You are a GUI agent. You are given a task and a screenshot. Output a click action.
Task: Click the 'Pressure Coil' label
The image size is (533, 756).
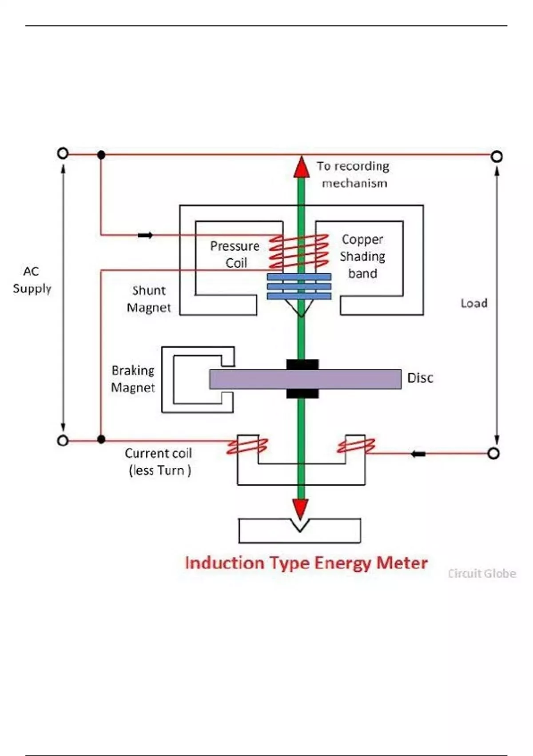tap(235, 254)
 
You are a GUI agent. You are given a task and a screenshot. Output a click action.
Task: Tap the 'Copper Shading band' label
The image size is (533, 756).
tap(362, 256)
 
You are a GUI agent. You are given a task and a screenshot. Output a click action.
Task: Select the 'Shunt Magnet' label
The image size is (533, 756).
tap(149, 299)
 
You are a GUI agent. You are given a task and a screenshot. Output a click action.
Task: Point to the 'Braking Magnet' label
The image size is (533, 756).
tap(133, 379)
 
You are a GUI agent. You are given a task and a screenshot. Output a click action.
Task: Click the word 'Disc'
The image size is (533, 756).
tap(420, 378)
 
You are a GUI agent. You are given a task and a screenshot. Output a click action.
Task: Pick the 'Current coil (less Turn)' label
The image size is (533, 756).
tap(159, 462)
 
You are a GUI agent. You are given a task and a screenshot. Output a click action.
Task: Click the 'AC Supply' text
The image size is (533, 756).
tap(32, 280)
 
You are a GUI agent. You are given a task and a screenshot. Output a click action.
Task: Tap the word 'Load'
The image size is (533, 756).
tap(474, 303)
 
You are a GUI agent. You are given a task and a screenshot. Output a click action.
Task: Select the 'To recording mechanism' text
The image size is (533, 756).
tap(354, 174)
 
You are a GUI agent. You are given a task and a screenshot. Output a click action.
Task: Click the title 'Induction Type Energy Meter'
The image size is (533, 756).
tap(306, 563)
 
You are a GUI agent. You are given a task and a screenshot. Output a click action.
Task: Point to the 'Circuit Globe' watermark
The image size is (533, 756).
tap(482, 574)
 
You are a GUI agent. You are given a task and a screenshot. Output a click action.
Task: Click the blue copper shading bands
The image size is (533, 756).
tap(299, 287)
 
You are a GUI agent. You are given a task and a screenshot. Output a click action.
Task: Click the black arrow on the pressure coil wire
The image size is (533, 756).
tap(145, 235)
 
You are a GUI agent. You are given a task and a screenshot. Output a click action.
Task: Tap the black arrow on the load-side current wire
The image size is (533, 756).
tap(418, 454)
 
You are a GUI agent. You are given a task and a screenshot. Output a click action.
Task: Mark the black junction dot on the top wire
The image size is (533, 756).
tap(101, 155)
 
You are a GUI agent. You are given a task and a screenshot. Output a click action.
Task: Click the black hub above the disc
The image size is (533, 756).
tap(302, 365)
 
